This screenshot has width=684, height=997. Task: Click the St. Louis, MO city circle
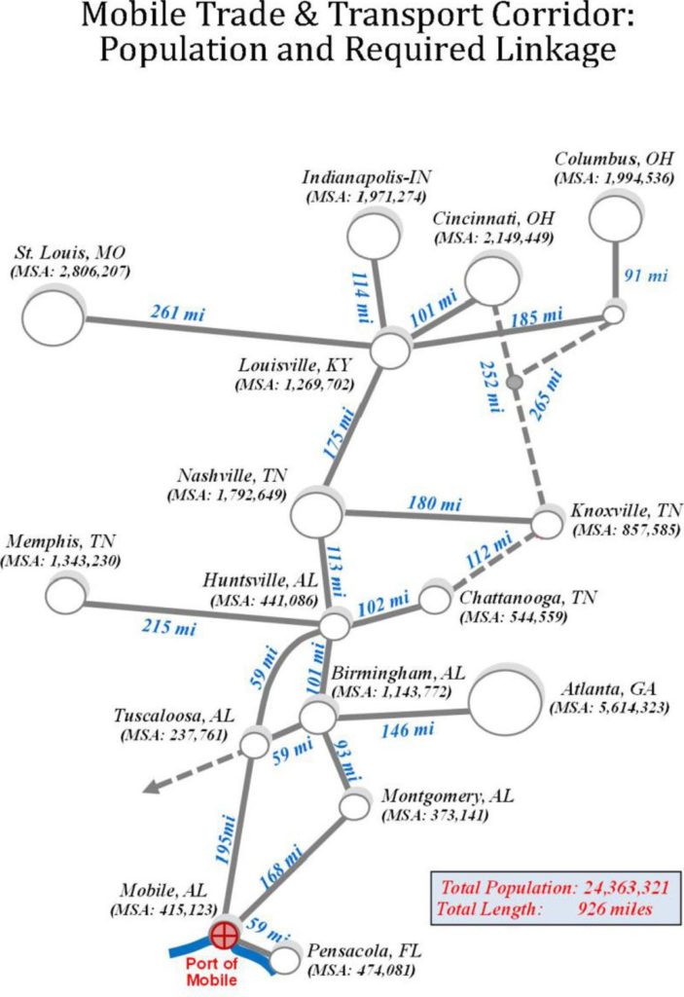tap(53, 315)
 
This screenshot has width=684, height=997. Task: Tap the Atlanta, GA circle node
tap(505, 702)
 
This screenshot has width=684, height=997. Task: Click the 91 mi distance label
tap(647, 276)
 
